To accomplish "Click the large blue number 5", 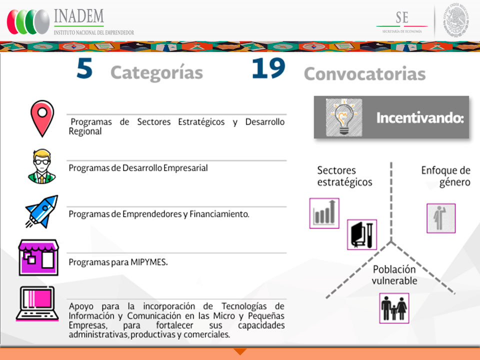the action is [84, 68].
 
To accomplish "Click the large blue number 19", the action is [268, 68].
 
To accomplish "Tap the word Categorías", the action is [156, 73].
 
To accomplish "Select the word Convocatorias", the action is [364, 74].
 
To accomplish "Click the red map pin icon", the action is [42, 118].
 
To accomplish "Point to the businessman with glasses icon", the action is [42, 166].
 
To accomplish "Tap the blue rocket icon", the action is [42, 211].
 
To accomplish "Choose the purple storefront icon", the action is [38, 257].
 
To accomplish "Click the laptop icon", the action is [37, 303].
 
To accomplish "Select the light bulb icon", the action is [344, 117].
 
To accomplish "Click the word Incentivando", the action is [420, 118].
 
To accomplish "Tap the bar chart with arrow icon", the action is [324, 213].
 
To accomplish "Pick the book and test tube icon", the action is [362, 234].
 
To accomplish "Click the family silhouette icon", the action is [394, 308].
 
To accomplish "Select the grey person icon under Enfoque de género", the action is [441, 218].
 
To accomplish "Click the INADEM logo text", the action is [79, 16].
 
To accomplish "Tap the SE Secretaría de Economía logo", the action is [402, 21].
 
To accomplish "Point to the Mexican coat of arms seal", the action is [456, 20].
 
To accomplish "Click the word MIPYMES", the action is [149, 262].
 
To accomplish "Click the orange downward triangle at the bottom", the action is [240, 351].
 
